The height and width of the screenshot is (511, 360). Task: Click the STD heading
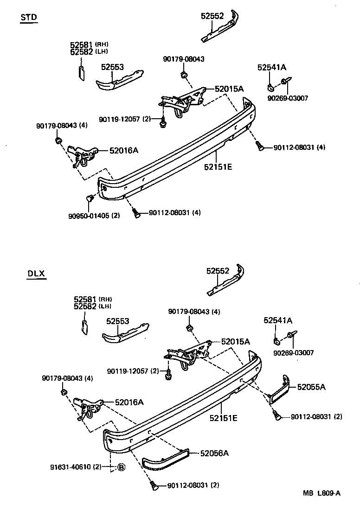[x=29, y=18]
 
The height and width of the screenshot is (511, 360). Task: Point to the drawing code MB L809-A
[x=322, y=493]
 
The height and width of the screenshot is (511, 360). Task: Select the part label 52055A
[x=311, y=387]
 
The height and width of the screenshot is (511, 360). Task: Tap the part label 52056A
[x=214, y=453]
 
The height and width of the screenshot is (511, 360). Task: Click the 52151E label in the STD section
[x=217, y=166]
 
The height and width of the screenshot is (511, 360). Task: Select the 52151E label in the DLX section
[x=223, y=418]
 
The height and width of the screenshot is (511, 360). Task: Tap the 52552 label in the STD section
[x=212, y=16]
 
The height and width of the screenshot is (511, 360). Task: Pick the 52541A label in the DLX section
[x=278, y=320]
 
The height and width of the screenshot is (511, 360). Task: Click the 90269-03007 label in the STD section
[x=288, y=98]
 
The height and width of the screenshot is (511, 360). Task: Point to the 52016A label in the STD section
[x=124, y=150]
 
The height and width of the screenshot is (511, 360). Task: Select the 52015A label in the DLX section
[x=235, y=341]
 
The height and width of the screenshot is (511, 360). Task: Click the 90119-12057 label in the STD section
[x=120, y=119]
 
